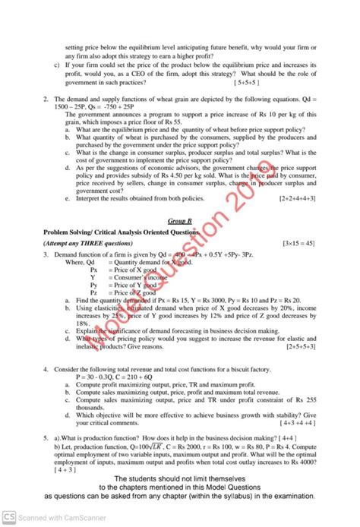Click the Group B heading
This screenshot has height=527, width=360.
point(180,219)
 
